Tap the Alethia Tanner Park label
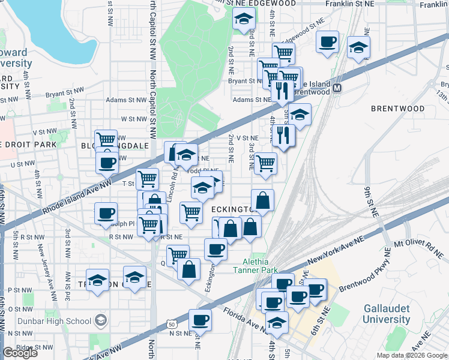[x=259, y=266]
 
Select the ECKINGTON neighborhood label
[x=235, y=208]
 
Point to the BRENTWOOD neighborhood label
[x=397, y=109]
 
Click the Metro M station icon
[x=337, y=88]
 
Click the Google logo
[x=20, y=353]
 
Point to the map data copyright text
[x=412, y=355]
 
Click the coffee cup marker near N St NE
[x=200, y=320]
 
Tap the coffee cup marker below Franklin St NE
[x=328, y=42]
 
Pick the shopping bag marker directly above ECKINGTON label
[x=263, y=200]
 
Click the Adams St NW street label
[x=126, y=100]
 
